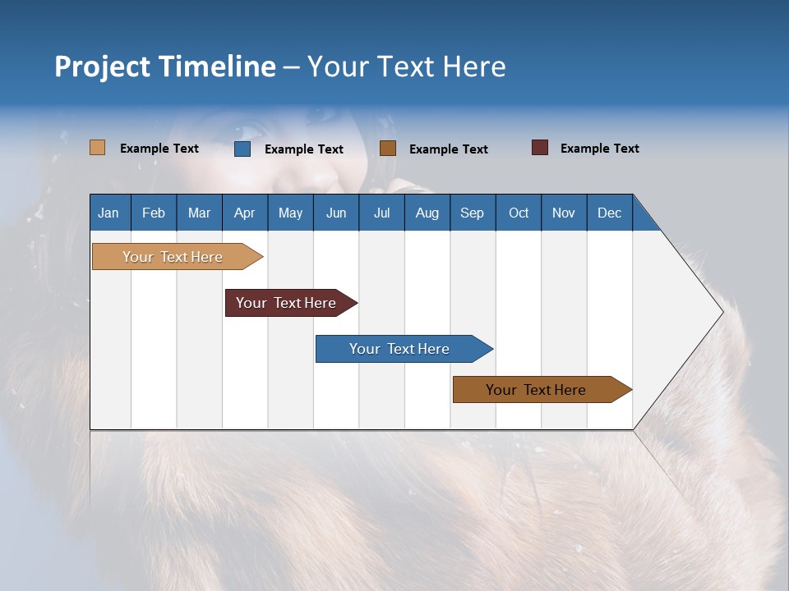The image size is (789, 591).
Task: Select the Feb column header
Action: [x=154, y=213]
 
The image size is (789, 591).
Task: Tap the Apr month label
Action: [x=245, y=213]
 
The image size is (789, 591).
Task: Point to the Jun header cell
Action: [x=336, y=213]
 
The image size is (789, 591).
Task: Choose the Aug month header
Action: [x=427, y=213]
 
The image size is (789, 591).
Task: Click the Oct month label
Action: [x=519, y=213]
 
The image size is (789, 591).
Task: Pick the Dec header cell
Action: [x=610, y=213]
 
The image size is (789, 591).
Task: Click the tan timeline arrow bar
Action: [x=178, y=256]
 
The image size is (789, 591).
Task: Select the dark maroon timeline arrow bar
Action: [x=291, y=303]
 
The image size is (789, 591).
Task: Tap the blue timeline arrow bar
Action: [x=404, y=349]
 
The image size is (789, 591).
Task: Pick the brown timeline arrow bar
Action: [x=542, y=389]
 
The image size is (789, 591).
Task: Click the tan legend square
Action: [x=98, y=147]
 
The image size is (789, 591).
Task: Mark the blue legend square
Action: [x=242, y=149]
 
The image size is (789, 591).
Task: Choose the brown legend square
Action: [x=387, y=149]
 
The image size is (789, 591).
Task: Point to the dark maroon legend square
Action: [x=540, y=147]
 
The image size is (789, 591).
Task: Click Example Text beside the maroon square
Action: [x=600, y=149]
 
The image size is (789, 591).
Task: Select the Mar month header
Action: [x=199, y=213]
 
